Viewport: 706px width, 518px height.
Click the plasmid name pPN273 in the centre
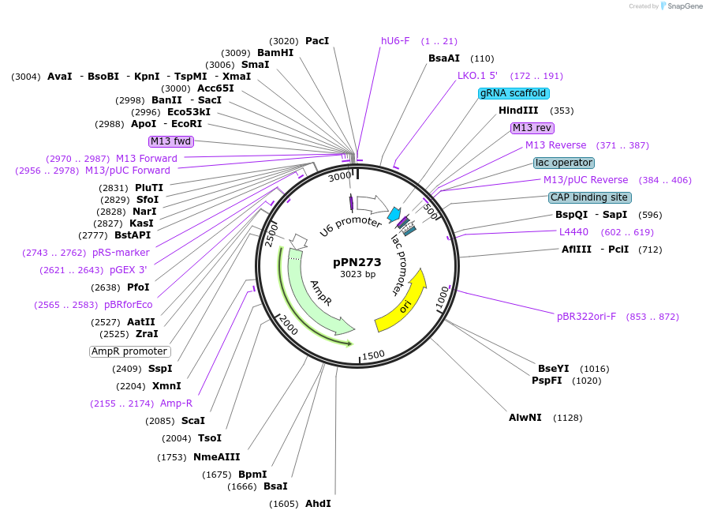[357, 262]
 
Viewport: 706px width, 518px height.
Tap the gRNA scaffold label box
[513, 93]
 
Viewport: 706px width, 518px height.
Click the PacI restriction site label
[317, 41]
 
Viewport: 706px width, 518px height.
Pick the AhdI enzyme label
[318, 504]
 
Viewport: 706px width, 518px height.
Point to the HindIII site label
[518, 111]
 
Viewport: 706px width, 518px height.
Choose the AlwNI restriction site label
[525, 417]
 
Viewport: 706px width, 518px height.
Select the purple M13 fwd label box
[170, 141]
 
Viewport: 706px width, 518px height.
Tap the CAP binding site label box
[590, 197]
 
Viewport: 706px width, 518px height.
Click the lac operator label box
[563, 163]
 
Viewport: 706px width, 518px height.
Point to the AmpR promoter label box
[129, 351]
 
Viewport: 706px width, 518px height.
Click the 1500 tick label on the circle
[373, 355]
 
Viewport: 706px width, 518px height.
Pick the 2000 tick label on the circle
[288, 324]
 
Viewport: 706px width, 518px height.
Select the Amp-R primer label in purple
[176, 404]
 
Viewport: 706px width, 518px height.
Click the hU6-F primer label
[395, 41]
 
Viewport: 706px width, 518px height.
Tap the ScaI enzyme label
[193, 421]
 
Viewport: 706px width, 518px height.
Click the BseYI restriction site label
[553, 369]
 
